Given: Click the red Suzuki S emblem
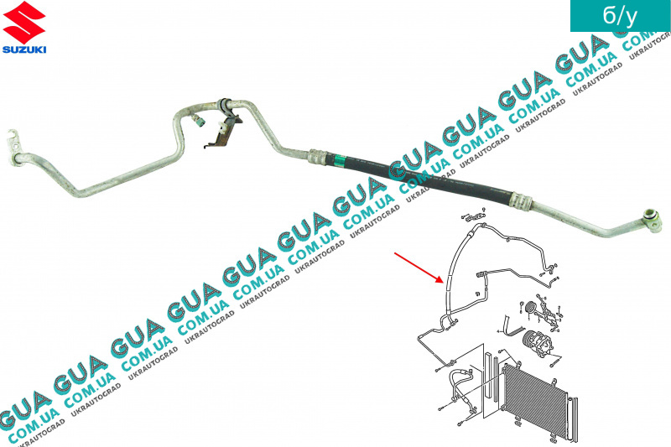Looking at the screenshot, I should click(23, 24).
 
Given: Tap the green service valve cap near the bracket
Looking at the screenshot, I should click(199, 120).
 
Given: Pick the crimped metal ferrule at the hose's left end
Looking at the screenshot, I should click(319, 155).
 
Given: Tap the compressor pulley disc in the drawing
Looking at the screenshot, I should click(530, 309).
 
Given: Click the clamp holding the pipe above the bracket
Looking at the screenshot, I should click(224, 106).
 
